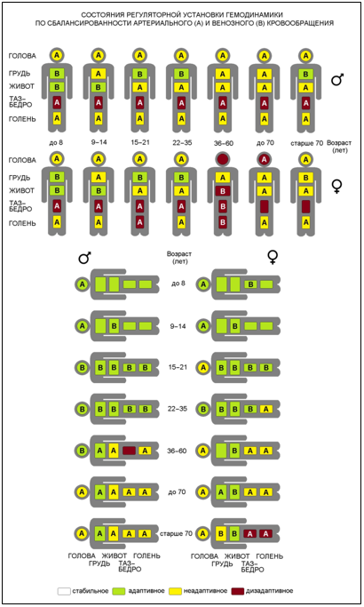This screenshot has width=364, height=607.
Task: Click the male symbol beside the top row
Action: [x=337, y=80]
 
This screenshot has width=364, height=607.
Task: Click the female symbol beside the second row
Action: [x=337, y=187]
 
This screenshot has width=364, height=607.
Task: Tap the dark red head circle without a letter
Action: [x=223, y=159]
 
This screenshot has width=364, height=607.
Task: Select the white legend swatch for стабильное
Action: [x=64, y=591]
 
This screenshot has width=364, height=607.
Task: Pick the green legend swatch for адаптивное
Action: [x=119, y=591]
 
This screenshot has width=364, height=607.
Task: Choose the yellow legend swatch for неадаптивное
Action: [x=175, y=591]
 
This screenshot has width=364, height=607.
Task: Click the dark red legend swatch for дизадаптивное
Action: [x=238, y=591]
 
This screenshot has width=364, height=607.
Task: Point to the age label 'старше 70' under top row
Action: [x=307, y=143]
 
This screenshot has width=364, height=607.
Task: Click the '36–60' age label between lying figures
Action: [x=178, y=451]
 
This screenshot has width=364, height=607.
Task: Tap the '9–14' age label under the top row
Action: [x=99, y=142]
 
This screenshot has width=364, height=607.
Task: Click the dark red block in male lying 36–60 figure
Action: [x=130, y=451]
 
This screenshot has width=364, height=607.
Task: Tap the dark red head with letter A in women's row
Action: [x=265, y=159]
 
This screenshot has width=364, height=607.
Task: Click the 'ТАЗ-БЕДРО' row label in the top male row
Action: [x=20, y=102]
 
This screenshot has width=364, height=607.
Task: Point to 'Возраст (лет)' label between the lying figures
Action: [x=179, y=258]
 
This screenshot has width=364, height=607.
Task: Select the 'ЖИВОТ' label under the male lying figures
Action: [x=115, y=556]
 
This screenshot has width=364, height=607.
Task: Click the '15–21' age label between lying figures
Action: [x=178, y=367]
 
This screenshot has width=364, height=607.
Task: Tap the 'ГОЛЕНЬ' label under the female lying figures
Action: [x=270, y=556]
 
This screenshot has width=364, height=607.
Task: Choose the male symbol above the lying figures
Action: [x=84, y=258]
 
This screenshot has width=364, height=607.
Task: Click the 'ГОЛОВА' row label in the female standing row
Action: [x=22, y=160]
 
